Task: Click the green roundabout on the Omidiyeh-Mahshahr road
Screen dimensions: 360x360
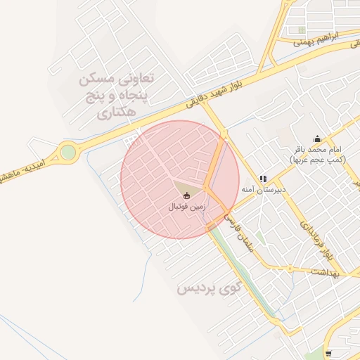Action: point(67,152)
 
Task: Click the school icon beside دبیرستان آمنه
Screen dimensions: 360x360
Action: point(263,179)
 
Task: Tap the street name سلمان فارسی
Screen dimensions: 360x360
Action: point(239,233)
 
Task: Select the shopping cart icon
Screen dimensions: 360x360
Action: point(329,353)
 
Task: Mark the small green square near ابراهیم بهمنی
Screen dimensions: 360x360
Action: point(302,30)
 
